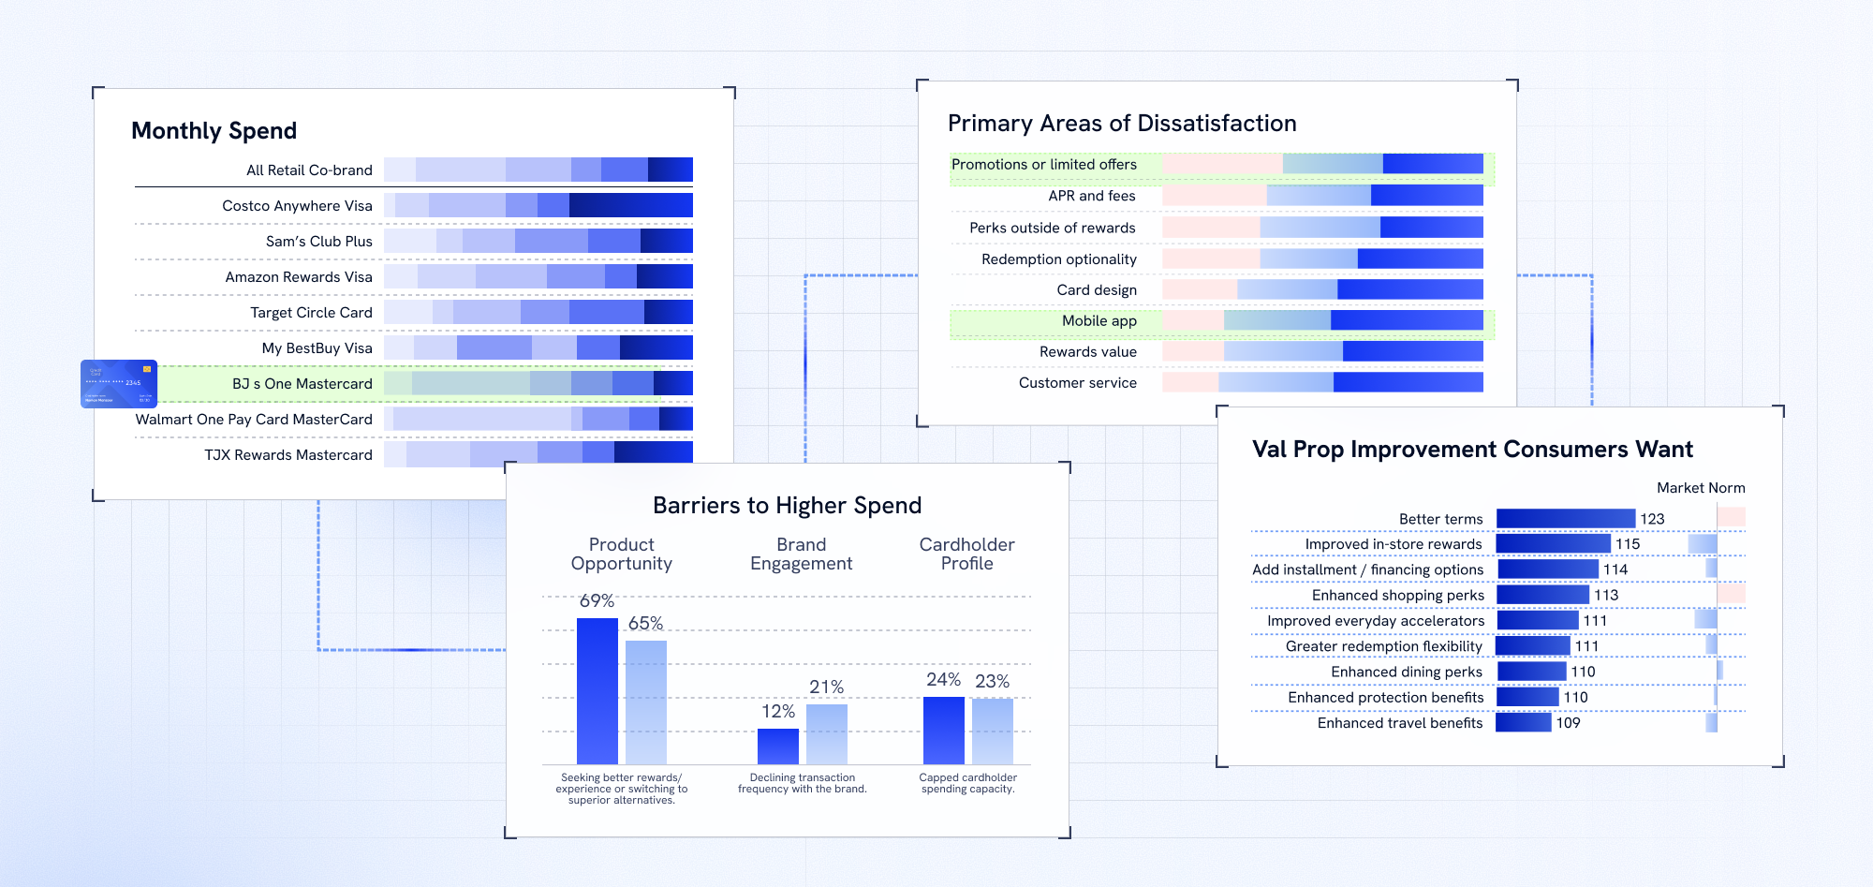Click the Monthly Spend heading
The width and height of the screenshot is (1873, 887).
point(214,131)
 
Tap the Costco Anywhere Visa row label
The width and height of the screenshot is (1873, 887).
point(297,206)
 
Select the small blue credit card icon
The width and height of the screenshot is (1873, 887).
point(119,384)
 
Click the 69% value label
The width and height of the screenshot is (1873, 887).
point(597,601)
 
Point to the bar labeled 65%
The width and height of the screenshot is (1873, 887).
point(646,702)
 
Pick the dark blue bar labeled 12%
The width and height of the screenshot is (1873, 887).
point(778,747)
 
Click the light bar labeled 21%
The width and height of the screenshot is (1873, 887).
point(827,734)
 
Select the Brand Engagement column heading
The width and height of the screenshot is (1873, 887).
point(801,554)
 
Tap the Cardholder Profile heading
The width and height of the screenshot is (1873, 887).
point(966,554)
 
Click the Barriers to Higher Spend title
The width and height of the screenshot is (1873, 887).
point(787,506)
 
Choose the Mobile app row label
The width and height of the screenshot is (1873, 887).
point(1099,321)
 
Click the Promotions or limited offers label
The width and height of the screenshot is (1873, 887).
point(1043,165)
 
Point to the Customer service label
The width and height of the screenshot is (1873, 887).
point(1077,383)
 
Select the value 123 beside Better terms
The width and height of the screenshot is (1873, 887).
point(1652,519)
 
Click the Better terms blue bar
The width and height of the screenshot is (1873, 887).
point(1566,519)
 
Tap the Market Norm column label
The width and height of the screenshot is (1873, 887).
point(1701,488)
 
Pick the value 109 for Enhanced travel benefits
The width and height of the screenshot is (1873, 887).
point(1568,723)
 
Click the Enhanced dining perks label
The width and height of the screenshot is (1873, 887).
point(1406,673)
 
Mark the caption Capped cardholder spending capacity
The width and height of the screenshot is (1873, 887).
point(967,783)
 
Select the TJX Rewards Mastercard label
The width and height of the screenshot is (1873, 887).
point(288,455)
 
